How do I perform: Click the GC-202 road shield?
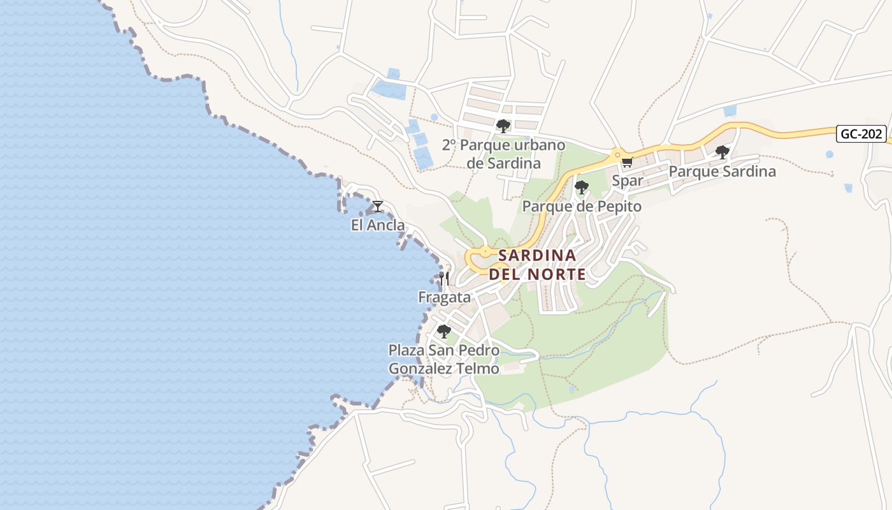[x=861, y=134]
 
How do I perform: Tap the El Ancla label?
[x=378, y=225]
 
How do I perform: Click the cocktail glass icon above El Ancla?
[x=378, y=206]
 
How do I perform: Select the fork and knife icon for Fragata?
[x=444, y=279]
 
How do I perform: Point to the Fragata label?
[x=444, y=297]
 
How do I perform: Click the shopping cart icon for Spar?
[x=627, y=163]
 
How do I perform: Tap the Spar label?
[x=628, y=180]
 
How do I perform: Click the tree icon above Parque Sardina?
[x=722, y=152]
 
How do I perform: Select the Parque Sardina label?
[x=722, y=171]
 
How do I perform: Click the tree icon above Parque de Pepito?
[x=581, y=187]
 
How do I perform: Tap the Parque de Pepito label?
[x=581, y=207]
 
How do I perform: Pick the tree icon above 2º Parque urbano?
[x=503, y=126]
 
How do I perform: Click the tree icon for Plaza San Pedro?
[x=444, y=331]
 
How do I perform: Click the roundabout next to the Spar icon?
[x=616, y=154]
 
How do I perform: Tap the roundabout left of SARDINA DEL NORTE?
[x=484, y=252]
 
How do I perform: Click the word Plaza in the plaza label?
[x=406, y=351]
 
